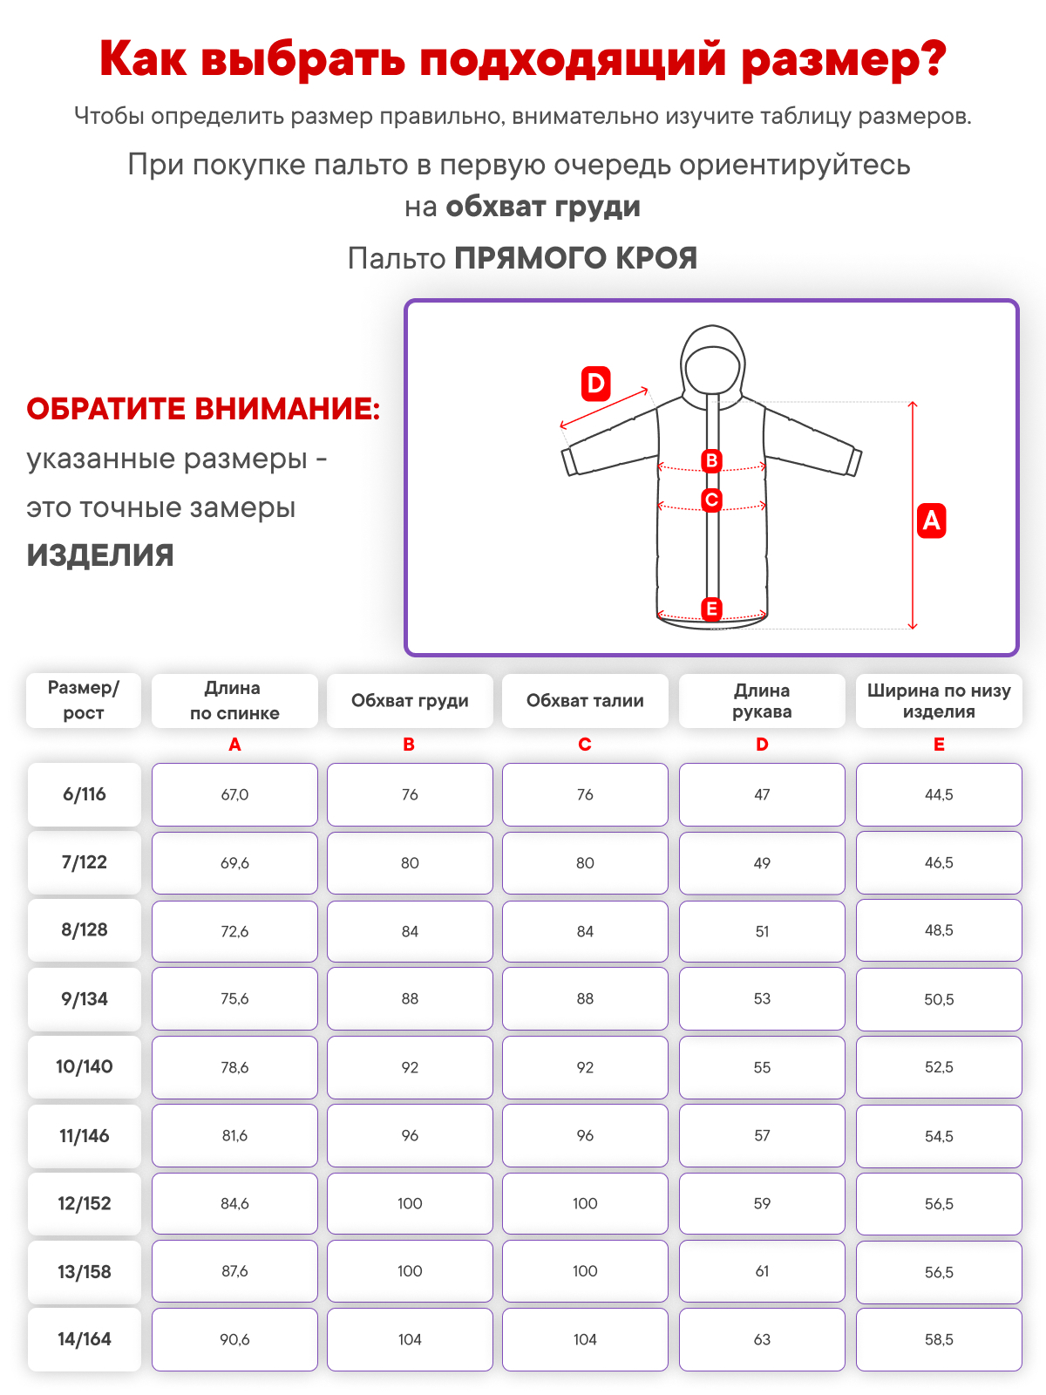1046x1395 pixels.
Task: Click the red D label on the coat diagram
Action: [x=595, y=384]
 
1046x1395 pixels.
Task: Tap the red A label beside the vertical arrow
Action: [x=931, y=521]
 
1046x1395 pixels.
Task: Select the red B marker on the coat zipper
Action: [x=711, y=460]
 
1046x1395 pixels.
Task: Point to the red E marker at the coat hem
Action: [x=711, y=609]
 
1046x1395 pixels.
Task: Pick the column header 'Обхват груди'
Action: [x=410, y=701]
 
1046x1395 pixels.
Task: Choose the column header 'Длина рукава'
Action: [x=762, y=701]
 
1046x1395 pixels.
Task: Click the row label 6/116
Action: [x=85, y=794]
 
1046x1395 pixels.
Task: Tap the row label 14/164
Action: [x=85, y=1339]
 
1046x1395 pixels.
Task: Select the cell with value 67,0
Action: [x=234, y=794]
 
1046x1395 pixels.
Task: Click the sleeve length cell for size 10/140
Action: [x=762, y=1067]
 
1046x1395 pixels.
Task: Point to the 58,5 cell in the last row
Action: [x=939, y=1339]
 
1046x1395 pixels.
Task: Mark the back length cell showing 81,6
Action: [x=234, y=1135]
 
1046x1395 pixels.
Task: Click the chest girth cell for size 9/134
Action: [x=410, y=999]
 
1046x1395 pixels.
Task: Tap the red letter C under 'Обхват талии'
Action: [x=585, y=745]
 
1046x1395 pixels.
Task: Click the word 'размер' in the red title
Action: [x=842, y=59]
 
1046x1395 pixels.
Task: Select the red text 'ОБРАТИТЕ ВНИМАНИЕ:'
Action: [x=203, y=409]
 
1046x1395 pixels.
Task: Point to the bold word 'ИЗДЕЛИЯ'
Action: [x=100, y=555]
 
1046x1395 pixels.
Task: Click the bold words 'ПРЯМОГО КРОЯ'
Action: [x=575, y=258]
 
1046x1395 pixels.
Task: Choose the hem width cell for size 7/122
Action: [x=939, y=862]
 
